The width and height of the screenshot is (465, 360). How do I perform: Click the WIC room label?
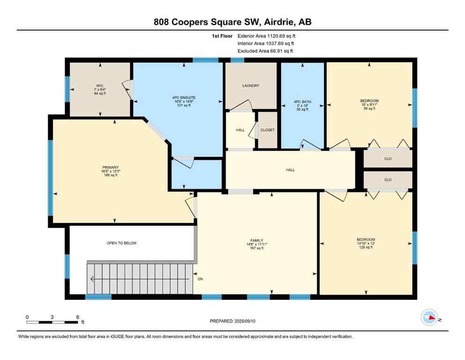pos(99,86)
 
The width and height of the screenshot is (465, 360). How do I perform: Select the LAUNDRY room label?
pos(251,86)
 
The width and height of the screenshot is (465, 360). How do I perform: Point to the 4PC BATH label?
pos(303,101)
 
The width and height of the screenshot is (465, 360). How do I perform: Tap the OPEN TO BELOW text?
pos(121,243)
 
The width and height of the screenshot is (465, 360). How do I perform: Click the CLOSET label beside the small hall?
pos(267,130)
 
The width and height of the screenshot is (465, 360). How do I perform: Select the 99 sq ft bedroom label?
pos(369,101)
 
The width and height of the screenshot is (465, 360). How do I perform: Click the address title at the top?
pos(232,22)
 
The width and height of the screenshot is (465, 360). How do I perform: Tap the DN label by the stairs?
pos(200,279)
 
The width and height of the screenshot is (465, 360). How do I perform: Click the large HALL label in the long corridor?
pos(290,170)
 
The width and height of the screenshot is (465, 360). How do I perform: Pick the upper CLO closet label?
pos(388,159)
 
